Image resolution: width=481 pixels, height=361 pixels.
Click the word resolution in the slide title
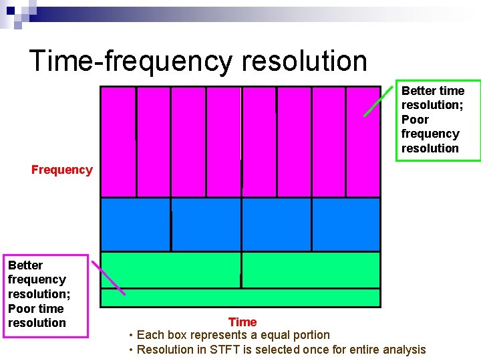tap(305, 61)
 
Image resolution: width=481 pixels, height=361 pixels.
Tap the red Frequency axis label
tap(61, 170)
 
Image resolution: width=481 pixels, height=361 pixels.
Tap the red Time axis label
tap(242, 322)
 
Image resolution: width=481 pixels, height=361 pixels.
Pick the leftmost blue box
tap(135, 224)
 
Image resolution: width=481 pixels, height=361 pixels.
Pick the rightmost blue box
tap(345, 224)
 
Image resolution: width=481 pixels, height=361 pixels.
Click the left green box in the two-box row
tap(170, 269)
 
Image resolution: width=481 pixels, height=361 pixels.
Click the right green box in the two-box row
tap(311, 269)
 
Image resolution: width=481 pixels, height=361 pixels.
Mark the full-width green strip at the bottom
tap(240, 297)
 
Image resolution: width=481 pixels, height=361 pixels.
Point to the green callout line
tap(378, 101)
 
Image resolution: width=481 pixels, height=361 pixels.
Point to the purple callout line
tap(108, 277)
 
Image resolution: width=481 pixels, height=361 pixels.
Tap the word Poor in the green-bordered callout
tap(415, 120)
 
